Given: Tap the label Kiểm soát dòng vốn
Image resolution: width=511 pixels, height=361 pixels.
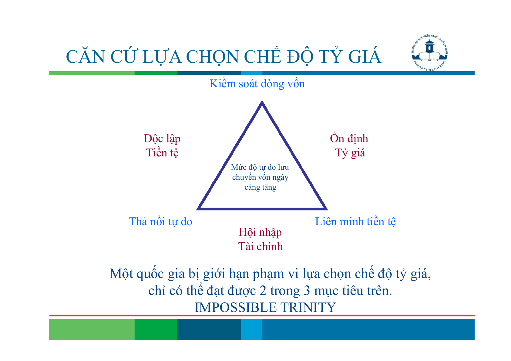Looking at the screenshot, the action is pyautogui.click(x=257, y=84).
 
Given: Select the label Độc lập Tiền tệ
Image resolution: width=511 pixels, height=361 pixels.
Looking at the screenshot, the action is pyautogui.click(x=162, y=145).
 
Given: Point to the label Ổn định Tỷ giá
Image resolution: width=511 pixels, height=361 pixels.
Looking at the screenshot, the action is pyautogui.click(x=349, y=145).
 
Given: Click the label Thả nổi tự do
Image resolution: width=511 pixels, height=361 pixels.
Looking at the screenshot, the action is pyautogui.click(x=161, y=221).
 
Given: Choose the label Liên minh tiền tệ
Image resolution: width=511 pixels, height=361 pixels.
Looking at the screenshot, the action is pyautogui.click(x=355, y=222).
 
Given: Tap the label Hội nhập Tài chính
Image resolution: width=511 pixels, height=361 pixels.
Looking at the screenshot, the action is pyautogui.click(x=261, y=239).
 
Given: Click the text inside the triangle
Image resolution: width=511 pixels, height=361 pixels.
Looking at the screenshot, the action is pyautogui.click(x=260, y=177).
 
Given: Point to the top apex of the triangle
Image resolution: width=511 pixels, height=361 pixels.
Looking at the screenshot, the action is pyautogui.click(x=262, y=101).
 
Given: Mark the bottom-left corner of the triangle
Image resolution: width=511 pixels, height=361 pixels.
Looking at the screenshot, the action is pyautogui.click(x=197, y=209).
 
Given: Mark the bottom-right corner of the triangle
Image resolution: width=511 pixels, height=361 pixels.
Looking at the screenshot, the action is pyautogui.click(x=327, y=209).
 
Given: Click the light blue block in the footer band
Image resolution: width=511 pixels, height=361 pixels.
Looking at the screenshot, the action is pyautogui.click(x=252, y=329).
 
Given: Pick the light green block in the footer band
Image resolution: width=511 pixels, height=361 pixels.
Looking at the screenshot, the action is pyautogui.click(x=92, y=329).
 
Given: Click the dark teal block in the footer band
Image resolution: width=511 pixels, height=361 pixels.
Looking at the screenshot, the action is pyautogui.click(x=209, y=329).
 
